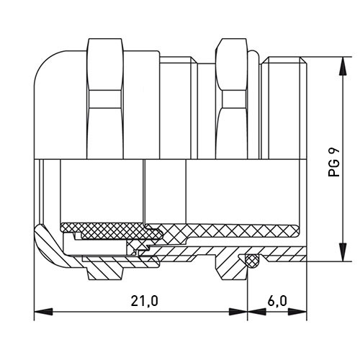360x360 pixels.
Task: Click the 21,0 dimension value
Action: click(x=144, y=301)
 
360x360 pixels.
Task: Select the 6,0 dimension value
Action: click(x=277, y=301)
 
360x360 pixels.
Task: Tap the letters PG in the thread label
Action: click(x=334, y=168)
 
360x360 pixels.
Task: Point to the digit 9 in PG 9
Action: click(x=334, y=151)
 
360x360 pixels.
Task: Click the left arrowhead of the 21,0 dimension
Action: click(x=43, y=312)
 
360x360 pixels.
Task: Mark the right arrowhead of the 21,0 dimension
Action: click(x=238, y=312)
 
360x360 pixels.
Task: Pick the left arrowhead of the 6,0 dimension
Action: click(x=257, y=312)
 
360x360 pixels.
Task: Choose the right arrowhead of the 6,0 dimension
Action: click(x=297, y=312)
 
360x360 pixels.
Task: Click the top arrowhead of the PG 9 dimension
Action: click(x=343, y=66)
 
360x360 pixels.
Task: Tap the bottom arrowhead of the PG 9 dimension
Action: click(x=343, y=252)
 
